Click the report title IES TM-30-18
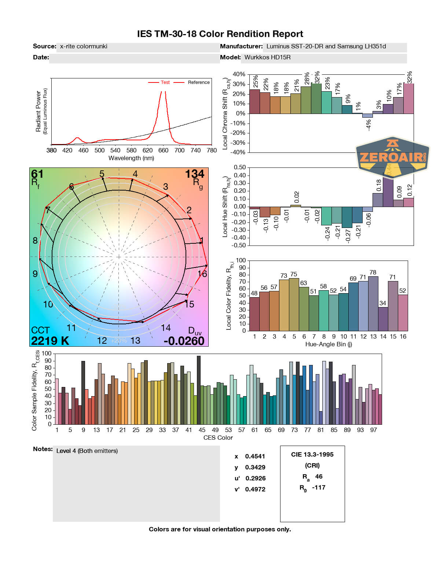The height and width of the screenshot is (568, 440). pyautogui.click(x=220, y=34)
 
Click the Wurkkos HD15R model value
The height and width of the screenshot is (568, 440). pyautogui.click(x=267, y=58)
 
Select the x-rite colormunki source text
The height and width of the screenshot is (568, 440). pyautogui.click(x=84, y=47)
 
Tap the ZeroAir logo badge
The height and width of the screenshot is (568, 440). pyautogui.click(x=392, y=157)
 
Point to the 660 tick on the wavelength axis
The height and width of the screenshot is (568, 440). pyautogui.click(x=163, y=150)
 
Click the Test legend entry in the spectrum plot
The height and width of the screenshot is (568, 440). pyautogui.click(x=165, y=82)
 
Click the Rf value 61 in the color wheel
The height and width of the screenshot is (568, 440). pyautogui.click(x=37, y=174)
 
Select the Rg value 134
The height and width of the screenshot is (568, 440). pyautogui.click(x=194, y=174)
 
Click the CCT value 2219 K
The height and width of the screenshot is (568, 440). pyautogui.click(x=50, y=341)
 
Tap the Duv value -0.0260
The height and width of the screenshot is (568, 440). pyautogui.click(x=184, y=341)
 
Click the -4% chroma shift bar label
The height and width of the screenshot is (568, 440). pyautogui.click(x=368, y=125)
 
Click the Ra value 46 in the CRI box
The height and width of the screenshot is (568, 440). pyautogui.click(x=319, y=476)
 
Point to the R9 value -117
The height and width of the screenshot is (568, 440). pyautogui.click(x=319, y=487)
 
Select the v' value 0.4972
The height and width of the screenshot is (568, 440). pyautogui.click(x=255, y=489)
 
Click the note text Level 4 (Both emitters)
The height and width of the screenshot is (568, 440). pyautogui.click(x=87, y=451)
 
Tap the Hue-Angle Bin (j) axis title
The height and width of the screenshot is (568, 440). pyautogui.click(x=329, y=344)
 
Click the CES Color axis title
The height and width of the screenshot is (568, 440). pyautogui.click(x=218, y=438)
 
